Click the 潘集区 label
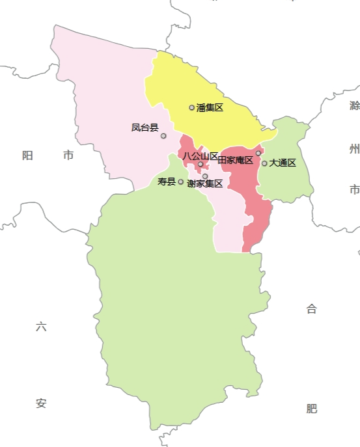[210, 107]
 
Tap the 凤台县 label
[145, 128]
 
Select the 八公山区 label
[201, 156]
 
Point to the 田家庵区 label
[235, 160]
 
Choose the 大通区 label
[283, 163]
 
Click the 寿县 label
[167, 182]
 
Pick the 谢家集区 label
[205, 184]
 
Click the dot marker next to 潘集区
[192, 107]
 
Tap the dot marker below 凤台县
[163, 136]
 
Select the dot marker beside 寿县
[181, 182]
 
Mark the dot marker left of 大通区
[264, 163]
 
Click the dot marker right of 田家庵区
[258, 153]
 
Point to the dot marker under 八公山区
[201, 164]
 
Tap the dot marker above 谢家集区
[205, 176]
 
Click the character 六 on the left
[41, 327]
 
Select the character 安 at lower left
[41, 403]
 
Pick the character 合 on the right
[312, 309]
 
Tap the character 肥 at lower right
[312, 409]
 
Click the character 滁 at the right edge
[354, 105]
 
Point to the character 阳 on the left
[27, 155]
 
